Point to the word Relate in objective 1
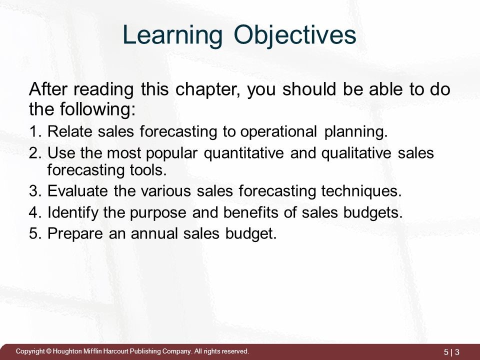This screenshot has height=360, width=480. pos(66,132)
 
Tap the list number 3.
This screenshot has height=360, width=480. pos(34,192)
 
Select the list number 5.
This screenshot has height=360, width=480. pos(34,234)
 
